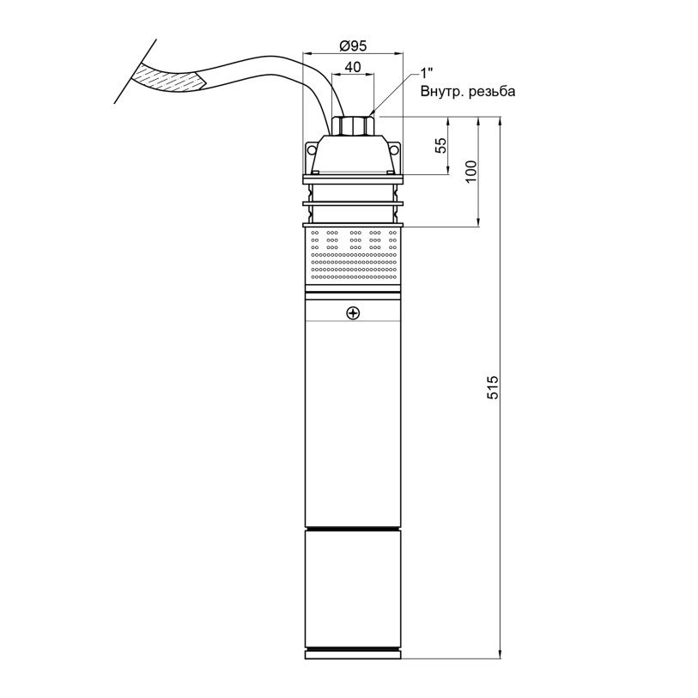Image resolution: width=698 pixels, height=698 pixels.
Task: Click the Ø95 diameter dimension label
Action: point(353,46)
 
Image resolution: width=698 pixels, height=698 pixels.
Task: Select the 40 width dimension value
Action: point(353,67)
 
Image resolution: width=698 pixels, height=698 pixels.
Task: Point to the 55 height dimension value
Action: point(440,146)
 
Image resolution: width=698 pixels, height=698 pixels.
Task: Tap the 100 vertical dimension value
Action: point(470,171)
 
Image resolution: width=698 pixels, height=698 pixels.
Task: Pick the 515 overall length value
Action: point(493,387)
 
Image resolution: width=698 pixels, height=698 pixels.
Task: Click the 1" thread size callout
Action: point(427,74)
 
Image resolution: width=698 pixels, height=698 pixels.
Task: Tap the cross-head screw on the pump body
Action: point(353,314)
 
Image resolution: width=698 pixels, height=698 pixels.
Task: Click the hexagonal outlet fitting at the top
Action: point(353,125)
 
